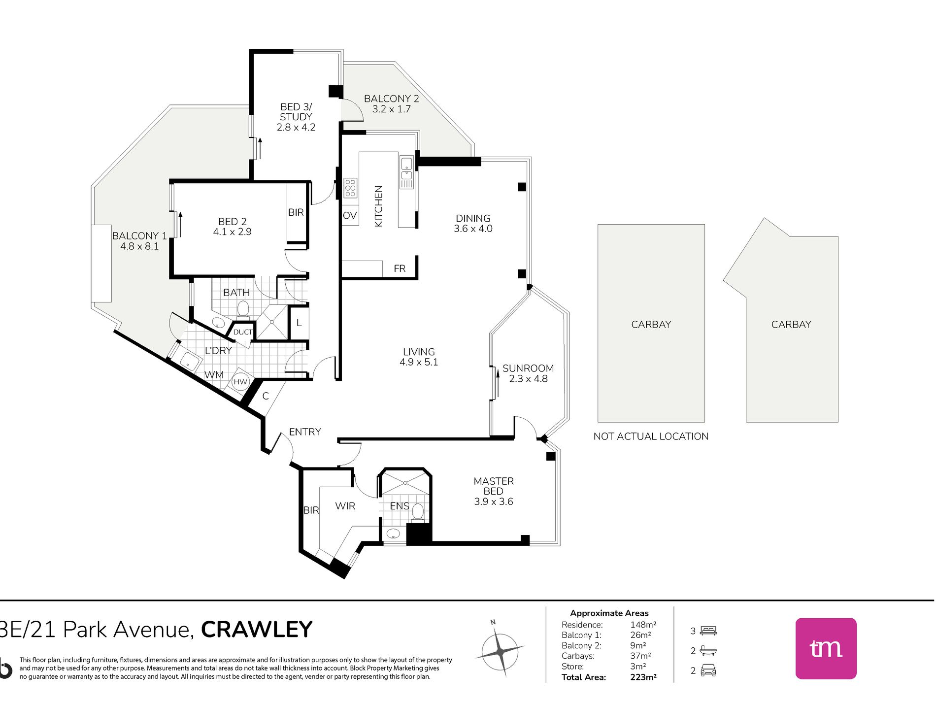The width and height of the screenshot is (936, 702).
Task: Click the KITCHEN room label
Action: [378, 206]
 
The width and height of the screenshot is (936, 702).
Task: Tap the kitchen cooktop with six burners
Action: [350, 188]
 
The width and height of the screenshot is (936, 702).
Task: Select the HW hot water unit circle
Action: [240, 382]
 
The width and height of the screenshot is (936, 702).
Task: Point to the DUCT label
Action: [243, 332]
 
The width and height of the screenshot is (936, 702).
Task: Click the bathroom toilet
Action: [243, 309]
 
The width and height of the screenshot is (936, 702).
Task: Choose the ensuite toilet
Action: [418, 511]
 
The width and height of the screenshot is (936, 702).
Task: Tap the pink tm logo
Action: [826, 648]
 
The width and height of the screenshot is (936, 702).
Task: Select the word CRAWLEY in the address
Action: [257, 630]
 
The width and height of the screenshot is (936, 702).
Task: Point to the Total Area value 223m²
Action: [643, 677]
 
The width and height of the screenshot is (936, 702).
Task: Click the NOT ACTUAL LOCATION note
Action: [651, 436]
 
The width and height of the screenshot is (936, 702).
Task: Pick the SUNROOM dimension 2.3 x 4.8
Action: [528, 379]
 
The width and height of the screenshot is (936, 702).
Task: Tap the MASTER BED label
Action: [494, 486]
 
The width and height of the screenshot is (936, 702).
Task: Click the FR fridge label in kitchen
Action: [400, 268]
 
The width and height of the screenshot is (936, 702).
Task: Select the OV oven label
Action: [350, 216]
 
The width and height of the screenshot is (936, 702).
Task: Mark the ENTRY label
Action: [305, 432]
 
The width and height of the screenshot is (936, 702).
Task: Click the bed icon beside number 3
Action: [708, 631]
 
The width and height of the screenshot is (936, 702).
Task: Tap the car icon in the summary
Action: [708, 670]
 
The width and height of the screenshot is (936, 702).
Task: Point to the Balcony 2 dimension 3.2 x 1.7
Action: [392, 109]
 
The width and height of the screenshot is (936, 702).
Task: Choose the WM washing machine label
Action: [214, 375]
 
